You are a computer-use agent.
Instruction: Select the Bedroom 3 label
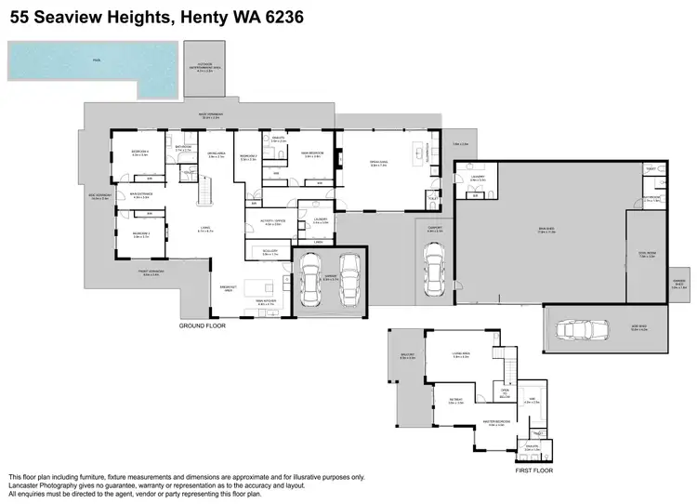141,235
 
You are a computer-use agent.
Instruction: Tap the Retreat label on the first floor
455,402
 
